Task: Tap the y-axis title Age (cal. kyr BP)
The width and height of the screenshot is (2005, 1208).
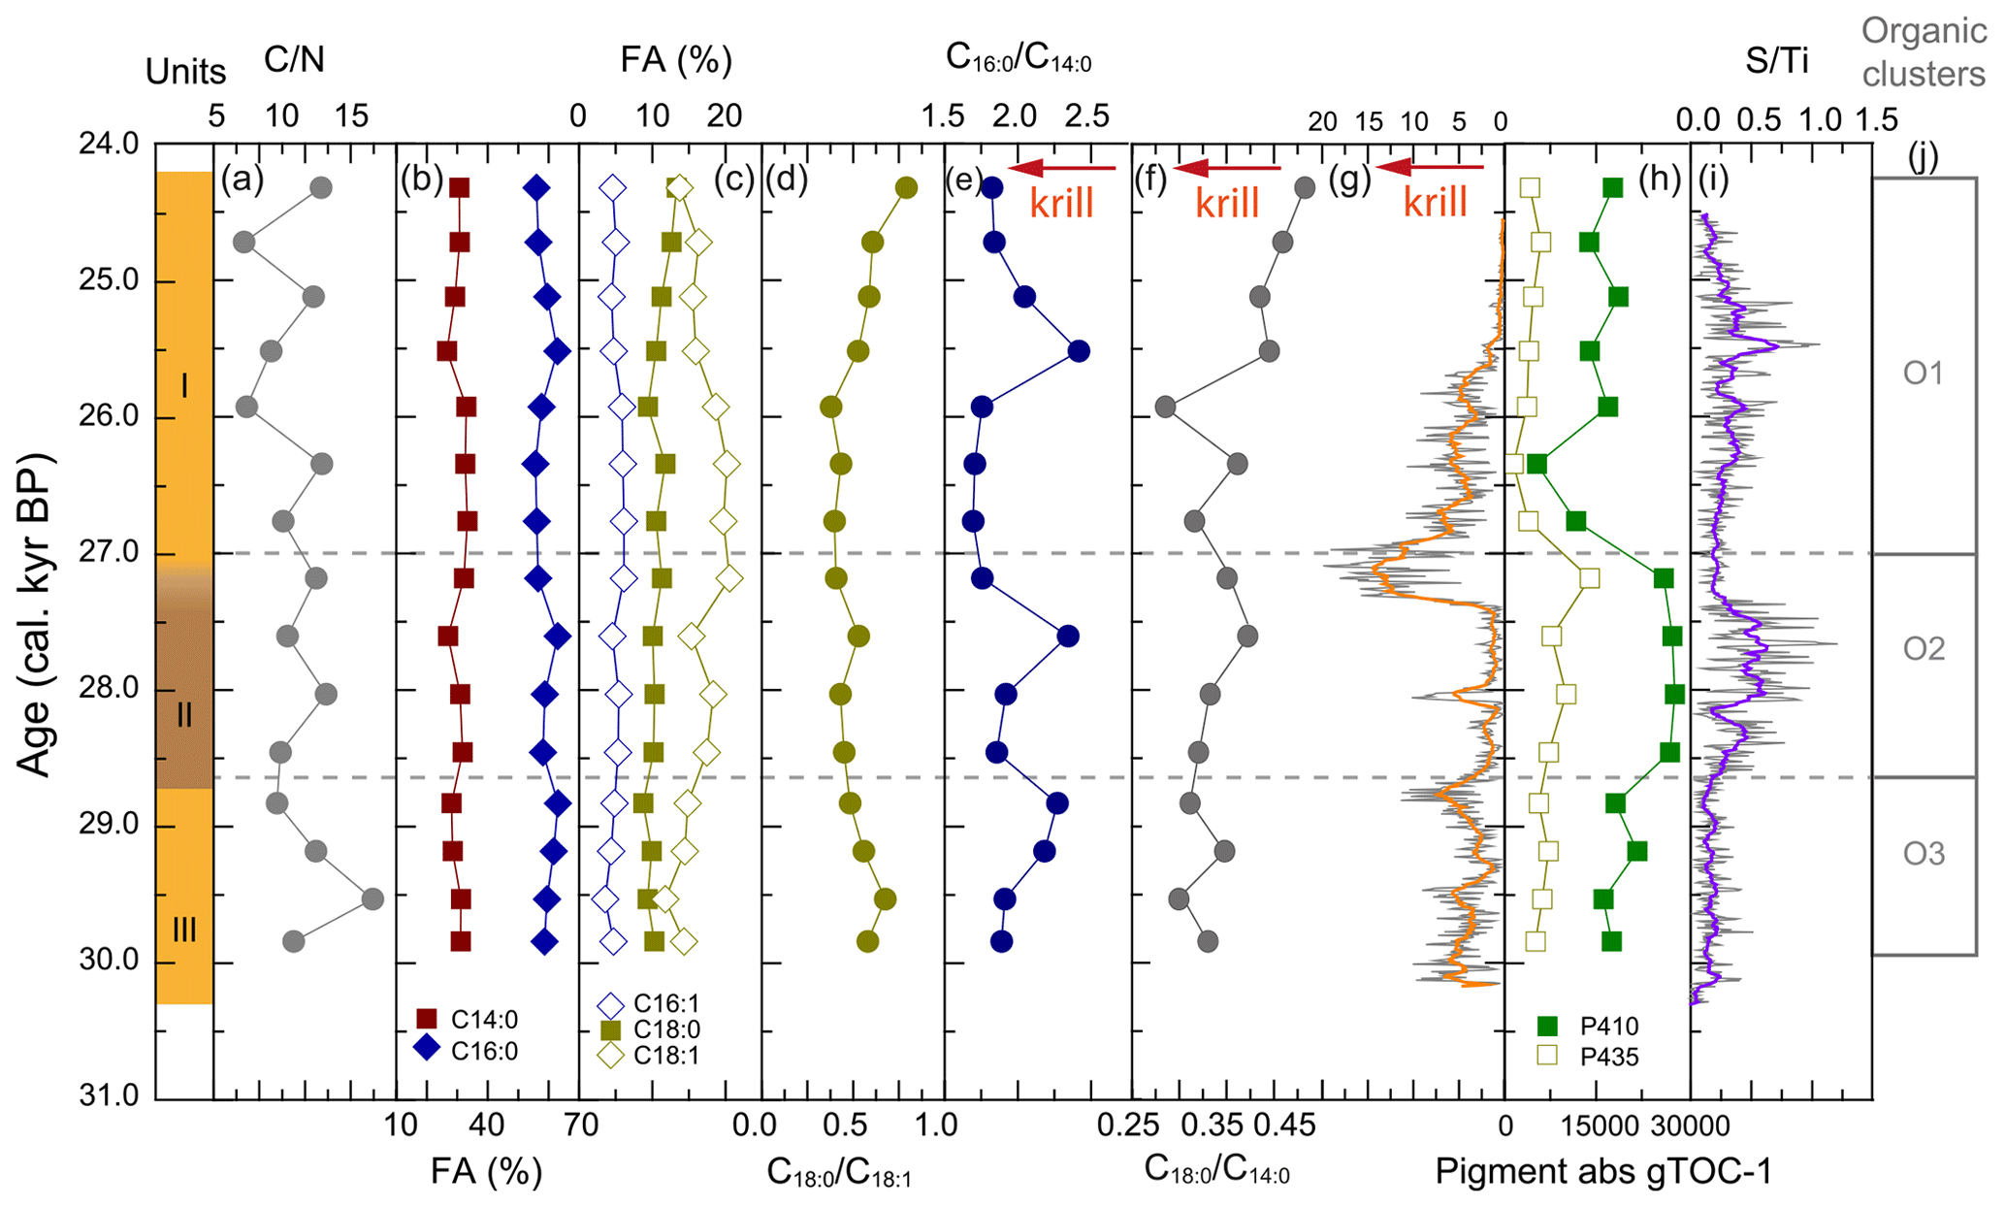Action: pos(35,614)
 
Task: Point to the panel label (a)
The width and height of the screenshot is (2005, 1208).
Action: pos(242,180)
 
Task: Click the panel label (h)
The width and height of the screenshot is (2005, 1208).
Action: pos(1659,180)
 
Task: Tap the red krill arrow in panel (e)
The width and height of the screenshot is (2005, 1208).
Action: pos(1062,168)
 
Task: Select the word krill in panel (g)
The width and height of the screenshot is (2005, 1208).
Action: pos(1436,203)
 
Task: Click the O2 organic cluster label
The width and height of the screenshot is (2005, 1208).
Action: pos(1923,648)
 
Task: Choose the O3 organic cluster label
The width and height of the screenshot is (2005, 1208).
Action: pos(1923,854)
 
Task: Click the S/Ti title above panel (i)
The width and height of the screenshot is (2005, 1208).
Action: pos(1776,61)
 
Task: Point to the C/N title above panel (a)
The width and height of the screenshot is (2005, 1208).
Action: pos(294,61)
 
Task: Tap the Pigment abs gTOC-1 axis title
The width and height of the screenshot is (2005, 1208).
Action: pos(1602,1172)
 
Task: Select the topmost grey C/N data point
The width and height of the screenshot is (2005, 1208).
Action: pos(321,188)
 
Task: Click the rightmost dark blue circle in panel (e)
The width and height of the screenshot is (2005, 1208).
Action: pos(1078,351)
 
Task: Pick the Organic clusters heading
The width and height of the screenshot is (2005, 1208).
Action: pos(1923,52)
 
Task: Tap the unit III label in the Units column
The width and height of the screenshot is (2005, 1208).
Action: pos(183,930)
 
